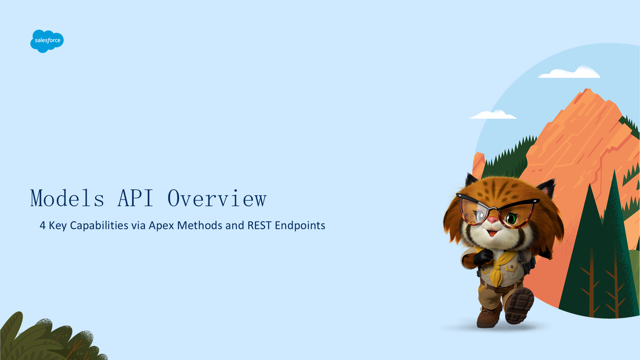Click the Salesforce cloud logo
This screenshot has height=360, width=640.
pyautogui.click(x=47, y=41)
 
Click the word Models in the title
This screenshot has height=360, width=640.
pyautogui.click(x=67, y=199)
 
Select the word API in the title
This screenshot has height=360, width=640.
pyautogui.click(x=135, y=199)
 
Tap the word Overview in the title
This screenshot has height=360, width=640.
pyautogui.click(x=217, y=199)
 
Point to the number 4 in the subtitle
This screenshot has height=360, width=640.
pyautogui.click(x=43, y=226)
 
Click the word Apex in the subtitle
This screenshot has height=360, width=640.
pyautogui.click(x=161, y=226)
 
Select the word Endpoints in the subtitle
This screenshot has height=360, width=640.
pyautogui.click(x=300, y=226)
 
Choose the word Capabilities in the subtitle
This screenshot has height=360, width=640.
pyautogui.click(x=99, y=226)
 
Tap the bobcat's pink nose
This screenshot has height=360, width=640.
pyautogui.click(x=492, y=220)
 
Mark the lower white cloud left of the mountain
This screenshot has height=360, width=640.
pyautogui.click(x=493, y=115)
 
